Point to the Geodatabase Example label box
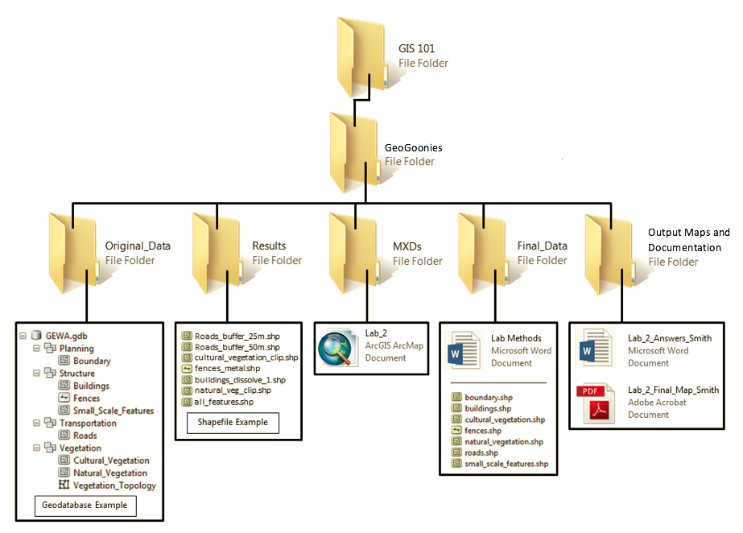pyautogui.click(x=85, y=506)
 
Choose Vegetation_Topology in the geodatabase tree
pyautogui.click(x=114, y=485)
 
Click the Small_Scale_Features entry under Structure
pyautogui.click(x=113, y=411)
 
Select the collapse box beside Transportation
pyautogui.click(x=37, y=424)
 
